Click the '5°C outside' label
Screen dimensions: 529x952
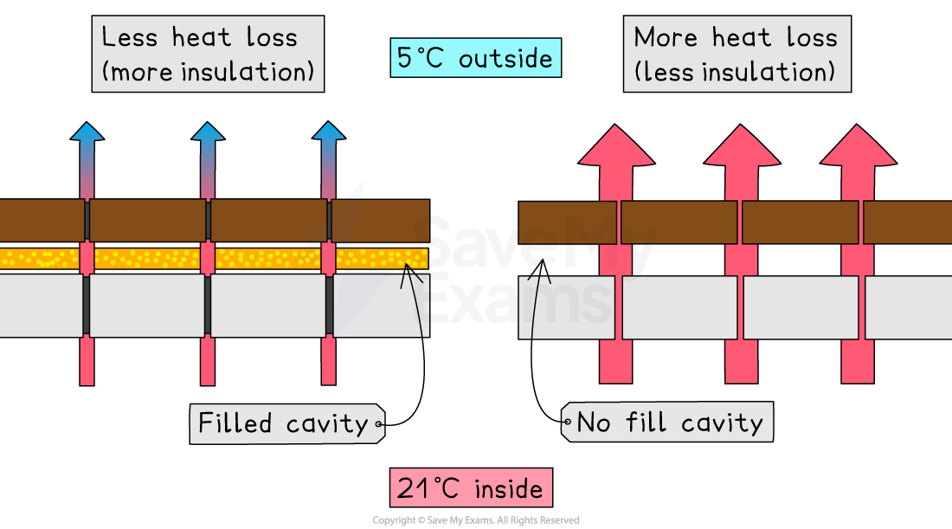tap(475, 59)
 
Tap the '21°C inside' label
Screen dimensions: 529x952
tap(471, 487)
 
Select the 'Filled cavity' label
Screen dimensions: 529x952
tap(284, 423)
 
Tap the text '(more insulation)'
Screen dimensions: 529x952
tap(208, 72)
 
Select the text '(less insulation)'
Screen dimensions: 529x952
tap(735, 72)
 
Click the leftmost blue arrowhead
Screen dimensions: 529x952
tap(87, 132)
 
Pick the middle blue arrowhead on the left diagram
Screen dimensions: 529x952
tap(208, 132)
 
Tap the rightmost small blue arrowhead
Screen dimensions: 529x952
tap(329, 132)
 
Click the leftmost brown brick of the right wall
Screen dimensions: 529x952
tap(567, 223)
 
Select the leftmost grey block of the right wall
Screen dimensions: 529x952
tap(567, 307)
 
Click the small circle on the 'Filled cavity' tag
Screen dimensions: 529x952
tap(378, 424)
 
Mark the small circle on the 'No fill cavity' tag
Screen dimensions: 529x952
tap(568, 423)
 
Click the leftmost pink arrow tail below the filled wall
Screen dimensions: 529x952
tap(87, 360)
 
